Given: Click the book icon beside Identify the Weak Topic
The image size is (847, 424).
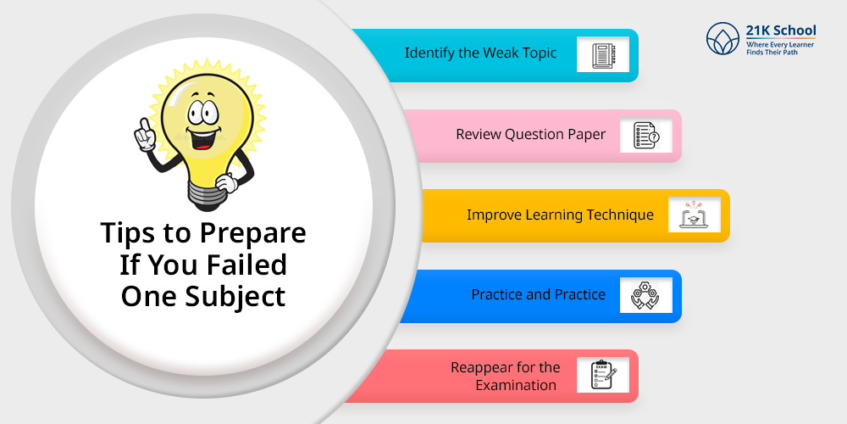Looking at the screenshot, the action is tap(603, 54).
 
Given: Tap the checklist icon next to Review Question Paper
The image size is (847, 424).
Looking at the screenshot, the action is tap(646, 135).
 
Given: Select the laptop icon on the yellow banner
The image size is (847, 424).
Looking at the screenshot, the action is tap(695, 215).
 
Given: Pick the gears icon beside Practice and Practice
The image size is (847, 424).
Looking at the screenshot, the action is tap(645, 295).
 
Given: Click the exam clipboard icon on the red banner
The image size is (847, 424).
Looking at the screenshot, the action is tap(603, 375).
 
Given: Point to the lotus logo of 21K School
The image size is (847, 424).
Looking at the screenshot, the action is tap(722, 38).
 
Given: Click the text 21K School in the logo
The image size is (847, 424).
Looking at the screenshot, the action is tap(781, 31).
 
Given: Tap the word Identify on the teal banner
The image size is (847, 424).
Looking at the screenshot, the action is tap(425, 53).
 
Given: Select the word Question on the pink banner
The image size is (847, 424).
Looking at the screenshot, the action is tap(530, 134).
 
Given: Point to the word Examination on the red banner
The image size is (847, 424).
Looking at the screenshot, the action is tap(516, 385).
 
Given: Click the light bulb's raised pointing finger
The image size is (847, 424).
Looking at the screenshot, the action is tap(143, 125).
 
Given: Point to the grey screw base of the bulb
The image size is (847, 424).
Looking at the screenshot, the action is tap(207, 192).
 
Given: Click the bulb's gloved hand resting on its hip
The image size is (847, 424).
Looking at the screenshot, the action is tap(227, 182).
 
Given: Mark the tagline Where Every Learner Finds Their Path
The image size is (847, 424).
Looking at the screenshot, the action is tap(780, 48).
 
